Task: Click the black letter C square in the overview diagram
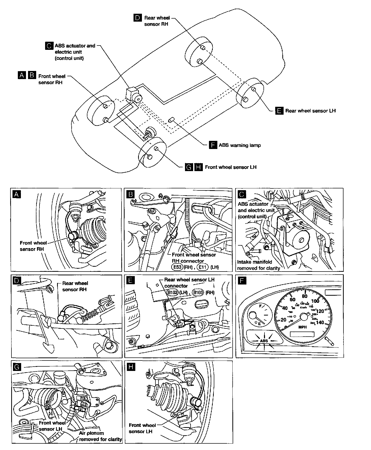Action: pyautogui.click(x=49, y=46)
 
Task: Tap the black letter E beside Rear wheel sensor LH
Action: pyautogui.click(x=280, y=111)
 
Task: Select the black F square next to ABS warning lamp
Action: pyautogui.click(x=213, y=145)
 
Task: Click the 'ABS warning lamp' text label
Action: pyautogui.click(x=240, y=145)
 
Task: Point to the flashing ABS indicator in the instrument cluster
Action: pyautogui.click(x=264, y=341)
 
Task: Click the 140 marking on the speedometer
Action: pyautogui.click(x=320, y=323)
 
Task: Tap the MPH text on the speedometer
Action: pyautogui.click(x=302, y=327)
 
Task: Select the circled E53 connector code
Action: pyautogui.click(x=177, y=267)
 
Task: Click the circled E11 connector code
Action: pyautogui.click(x=203, y=267)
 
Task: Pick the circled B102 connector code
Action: pyautogui.click(x=173, y=292)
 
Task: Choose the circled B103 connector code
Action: pyautogui.click(x=198, y=292)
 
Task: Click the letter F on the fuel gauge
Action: pyautogui.click(x=260, y=306)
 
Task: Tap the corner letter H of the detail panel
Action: pyautogui.click(x=131, y=367)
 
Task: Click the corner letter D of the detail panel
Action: pyautogui.click(x=17, y=281)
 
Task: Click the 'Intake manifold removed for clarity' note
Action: pyautogui.click(x=258, y=265)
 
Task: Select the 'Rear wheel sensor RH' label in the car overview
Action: pyautogui.click(x=156, y=21)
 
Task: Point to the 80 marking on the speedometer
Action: pyautogui.click(x=304, y=296)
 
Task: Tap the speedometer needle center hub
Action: pyautogui.click(x=304, y=317)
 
